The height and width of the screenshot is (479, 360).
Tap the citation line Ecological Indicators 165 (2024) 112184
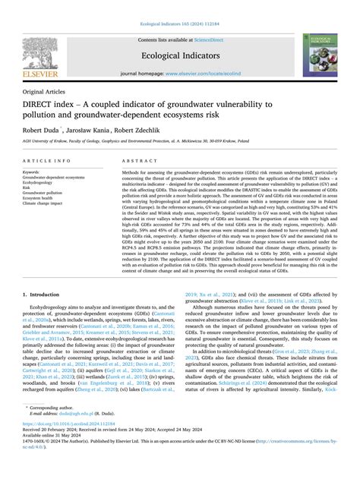click(x=180, y=7)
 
